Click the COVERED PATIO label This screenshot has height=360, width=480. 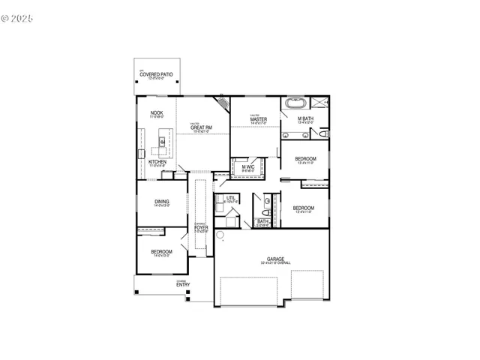pos(156,74)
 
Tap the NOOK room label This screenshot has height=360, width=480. pos(157,112)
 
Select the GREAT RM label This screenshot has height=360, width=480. pos(201,127)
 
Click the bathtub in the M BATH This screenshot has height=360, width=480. pos(293,103)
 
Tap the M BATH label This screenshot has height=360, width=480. pos(305,118)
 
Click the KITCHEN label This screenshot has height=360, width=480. pos(157,161)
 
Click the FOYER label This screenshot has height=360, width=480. pos(201,227)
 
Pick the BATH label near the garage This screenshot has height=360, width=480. pos(262,221)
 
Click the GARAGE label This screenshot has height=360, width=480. pos(275,259)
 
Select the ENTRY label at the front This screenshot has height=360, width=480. pos(182,284)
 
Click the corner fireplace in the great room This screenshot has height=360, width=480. pos(223,102)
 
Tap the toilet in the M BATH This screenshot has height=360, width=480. pos(323,133)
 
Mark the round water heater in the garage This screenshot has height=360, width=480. pos(221,235)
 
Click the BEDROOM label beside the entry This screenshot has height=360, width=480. pos(161,252)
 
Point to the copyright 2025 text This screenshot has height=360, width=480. pos(19,14)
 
